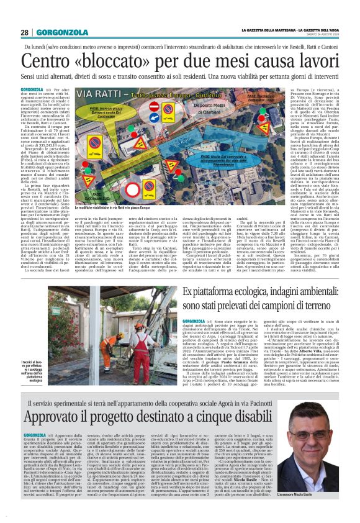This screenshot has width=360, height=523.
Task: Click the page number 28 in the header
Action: [x=24, y=33]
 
